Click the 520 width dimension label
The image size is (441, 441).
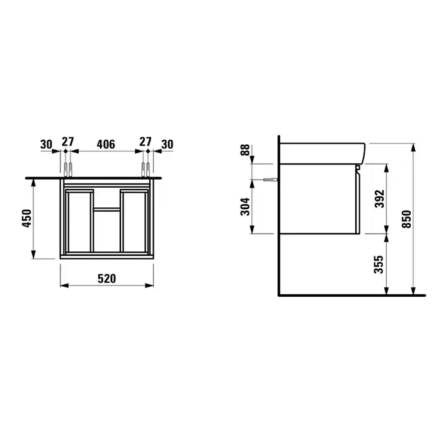106,278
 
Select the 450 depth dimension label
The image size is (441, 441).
27,218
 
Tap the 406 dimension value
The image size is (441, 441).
106,144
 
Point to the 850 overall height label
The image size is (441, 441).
406,219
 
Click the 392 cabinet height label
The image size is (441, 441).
380,199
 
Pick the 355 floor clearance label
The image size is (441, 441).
379,265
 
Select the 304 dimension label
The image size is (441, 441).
245,207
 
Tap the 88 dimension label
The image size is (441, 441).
245,150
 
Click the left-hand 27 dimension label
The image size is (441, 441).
68,142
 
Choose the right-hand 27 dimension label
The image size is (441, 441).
146,142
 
